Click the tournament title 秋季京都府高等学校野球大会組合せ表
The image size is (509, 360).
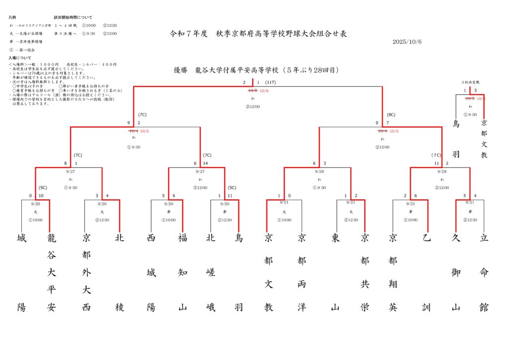258,34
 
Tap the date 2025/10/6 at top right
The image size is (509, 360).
407,42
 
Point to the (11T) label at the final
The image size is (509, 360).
270,83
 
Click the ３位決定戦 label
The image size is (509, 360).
470,82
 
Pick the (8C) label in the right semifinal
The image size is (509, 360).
391,115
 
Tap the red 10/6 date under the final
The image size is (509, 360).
264,91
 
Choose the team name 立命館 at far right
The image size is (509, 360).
484,272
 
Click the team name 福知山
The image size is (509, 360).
182,272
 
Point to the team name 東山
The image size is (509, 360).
336,272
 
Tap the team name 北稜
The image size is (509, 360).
119,272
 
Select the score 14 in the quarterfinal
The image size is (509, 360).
206,163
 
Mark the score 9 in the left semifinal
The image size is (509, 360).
128,123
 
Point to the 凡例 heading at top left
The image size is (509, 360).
12,17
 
